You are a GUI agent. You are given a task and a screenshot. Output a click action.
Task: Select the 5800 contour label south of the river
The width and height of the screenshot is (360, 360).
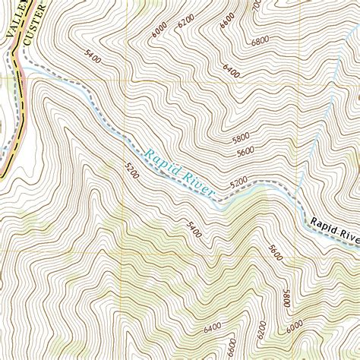[286, 298]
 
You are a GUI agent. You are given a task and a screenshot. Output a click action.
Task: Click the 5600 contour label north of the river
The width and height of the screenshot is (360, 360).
[245, 152]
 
